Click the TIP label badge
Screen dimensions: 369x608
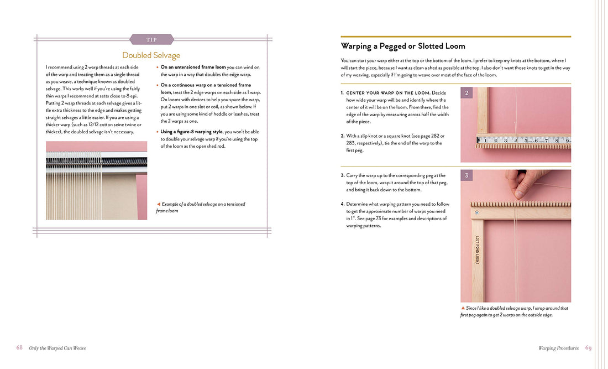pos(151,40)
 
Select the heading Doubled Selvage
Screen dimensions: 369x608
pos(151,55)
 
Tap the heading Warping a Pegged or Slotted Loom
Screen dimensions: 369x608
pos(403,46)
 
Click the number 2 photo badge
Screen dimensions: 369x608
pos(467,93)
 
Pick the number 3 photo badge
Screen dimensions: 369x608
pos(467,175)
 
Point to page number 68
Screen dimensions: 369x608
pos(19,348)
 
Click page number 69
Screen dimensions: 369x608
pos(588,348)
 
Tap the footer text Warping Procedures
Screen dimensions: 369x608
pos(558,348)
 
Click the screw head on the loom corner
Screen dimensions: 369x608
pos(477,212)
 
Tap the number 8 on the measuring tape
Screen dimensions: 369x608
pos(557,141)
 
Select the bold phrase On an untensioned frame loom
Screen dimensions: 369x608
pos(193,67)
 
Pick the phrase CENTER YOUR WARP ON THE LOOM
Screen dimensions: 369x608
pos(387,93)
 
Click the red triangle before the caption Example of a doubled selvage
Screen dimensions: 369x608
pos(159,204)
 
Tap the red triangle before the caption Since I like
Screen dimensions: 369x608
pos(463,308)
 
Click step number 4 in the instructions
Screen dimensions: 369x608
pos(343,204)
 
